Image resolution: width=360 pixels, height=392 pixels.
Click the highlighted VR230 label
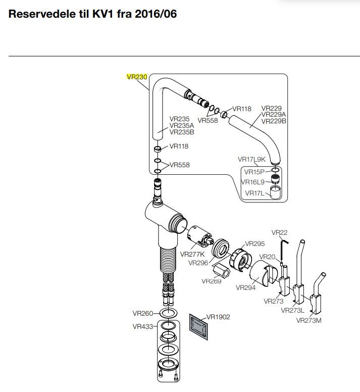click(136, 77)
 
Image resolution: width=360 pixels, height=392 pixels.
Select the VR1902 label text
click(218, 317)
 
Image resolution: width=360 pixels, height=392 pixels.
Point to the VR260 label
click(143, 313)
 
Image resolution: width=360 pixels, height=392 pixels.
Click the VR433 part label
click(143, 326)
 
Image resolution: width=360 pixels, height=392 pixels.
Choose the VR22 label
click(279, 232)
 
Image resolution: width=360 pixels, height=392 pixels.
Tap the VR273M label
click(308, 320)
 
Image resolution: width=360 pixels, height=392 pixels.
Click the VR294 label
click(246, 287)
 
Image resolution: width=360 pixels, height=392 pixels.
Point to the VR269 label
click(212, 281)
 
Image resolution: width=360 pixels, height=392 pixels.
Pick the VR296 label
click(198, 262)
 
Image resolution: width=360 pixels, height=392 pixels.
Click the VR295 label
click(255, 243)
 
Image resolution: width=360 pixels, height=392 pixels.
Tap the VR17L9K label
click(251, 159)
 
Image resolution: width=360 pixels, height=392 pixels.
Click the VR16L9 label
click(253, 182)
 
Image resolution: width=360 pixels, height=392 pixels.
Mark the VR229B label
click(274, 121)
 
